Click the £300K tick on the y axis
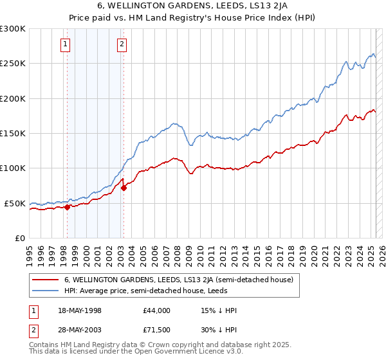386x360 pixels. pyautogui.click(x=13, y=29)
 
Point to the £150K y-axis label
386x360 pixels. pyautogui.click(x=13, y=133)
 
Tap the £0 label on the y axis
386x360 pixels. pyautogui.click(x=20, y=238)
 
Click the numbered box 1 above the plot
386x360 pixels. pyautogui.click(x=66, y=44)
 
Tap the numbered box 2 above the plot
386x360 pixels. pyautogui.click(x=122, y=44)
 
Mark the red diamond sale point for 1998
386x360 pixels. pyautogui.click(x=67, y=207)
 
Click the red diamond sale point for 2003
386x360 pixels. pyautogui.click(x=124, y=188)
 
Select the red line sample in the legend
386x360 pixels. pyautogui.click(x=45, y=280)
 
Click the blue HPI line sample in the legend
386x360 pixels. pyautogui.click(x=45, y=291)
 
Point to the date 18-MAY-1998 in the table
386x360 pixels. pyautogui.click(x=80, y=310)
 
